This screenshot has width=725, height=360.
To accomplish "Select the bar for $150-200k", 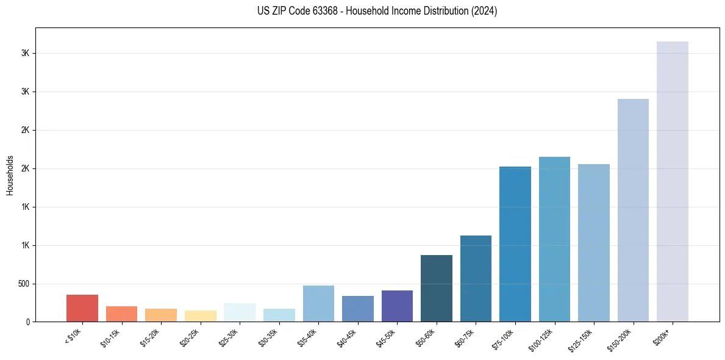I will click(x=633, y=210).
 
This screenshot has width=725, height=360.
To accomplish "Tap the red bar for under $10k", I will click(x=82, y=308).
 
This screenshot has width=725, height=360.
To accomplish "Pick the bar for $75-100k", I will click(x=515, y=244).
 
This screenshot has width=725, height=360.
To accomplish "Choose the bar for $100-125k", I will click(x=554, y=239).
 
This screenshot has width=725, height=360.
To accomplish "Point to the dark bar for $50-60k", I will click(x=436, y=288).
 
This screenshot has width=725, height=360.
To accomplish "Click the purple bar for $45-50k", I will click(x=397, y=306).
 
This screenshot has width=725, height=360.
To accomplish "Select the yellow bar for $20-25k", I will click(x=200, y=316).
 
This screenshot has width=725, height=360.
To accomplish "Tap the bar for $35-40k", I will click(x=318, y=303).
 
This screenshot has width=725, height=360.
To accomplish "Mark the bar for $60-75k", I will click(x=476, y=278).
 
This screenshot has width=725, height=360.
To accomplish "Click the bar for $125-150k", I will click(x=593, y=243).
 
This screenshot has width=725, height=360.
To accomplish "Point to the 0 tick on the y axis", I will click(x=29, y=322).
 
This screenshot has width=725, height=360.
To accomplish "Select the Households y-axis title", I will click(x=10, y=175).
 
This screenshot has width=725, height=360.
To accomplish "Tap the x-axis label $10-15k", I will click(x=110, y=337).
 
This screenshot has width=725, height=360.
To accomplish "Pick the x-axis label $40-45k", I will click(x=346, y=337).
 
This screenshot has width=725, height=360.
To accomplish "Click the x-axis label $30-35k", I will click(x=268, y=337).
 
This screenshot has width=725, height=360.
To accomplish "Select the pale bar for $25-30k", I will click(x=240, y=312).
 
